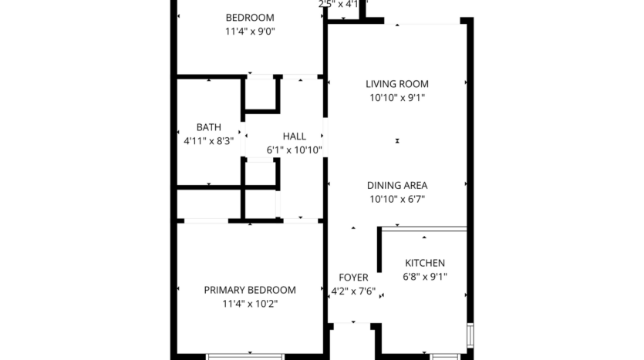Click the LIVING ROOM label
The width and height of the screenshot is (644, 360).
396,84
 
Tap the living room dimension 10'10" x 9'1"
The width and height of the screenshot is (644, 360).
396,98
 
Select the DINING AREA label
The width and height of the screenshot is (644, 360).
396,185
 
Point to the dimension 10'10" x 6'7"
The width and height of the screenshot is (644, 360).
396,199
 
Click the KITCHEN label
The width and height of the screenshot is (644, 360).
425,263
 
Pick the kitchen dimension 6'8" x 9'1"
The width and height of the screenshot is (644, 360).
425,277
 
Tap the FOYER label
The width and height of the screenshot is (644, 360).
353,278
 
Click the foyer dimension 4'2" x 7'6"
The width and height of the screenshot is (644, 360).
353,291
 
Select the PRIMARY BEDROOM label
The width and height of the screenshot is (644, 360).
249,290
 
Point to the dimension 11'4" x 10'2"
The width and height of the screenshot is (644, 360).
249,304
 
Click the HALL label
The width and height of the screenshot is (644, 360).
294,136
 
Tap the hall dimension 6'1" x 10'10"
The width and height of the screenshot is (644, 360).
294,150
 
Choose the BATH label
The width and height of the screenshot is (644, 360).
208,127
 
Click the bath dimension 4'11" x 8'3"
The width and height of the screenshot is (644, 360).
208,141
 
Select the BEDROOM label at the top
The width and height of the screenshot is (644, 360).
249,18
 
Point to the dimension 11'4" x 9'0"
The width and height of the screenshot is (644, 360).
249,32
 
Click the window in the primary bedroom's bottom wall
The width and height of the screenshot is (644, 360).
245,355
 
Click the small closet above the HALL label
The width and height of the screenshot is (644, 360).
261,95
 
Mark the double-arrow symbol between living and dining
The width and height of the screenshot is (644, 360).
397,141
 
